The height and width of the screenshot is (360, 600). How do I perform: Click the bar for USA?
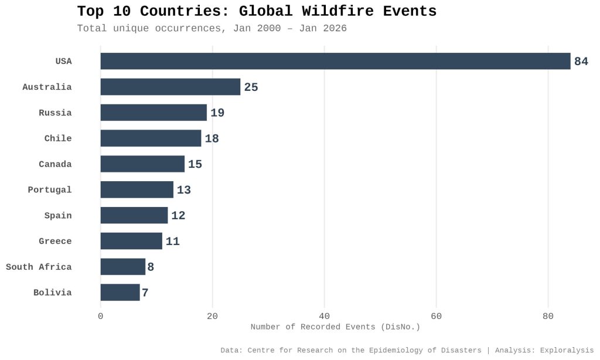[335, 61]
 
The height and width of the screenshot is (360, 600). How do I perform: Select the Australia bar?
[170, 87]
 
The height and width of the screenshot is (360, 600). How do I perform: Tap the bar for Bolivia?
[120, 293]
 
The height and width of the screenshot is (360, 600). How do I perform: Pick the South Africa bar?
[122, 267]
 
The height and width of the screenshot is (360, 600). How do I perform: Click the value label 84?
[581, 62]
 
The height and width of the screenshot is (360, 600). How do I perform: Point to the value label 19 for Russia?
[217, 113]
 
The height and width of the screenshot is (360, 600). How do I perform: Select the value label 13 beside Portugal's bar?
[184, 190]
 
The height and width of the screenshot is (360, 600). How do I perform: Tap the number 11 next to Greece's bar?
[173, 242]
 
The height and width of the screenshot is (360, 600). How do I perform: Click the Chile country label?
[58, 138]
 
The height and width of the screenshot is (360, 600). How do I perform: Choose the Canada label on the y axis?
[55, 164]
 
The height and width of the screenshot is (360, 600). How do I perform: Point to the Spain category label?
[58, 216]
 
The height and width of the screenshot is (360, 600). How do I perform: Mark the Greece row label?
[55, 242]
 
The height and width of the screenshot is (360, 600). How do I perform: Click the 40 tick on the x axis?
[324, 316]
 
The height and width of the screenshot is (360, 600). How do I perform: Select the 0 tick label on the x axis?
[101, 316]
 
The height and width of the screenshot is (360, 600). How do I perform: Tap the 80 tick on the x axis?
[548, 316]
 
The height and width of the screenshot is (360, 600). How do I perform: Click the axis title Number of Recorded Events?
[335, 327]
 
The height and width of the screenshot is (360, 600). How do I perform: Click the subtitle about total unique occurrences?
[212, 28]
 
